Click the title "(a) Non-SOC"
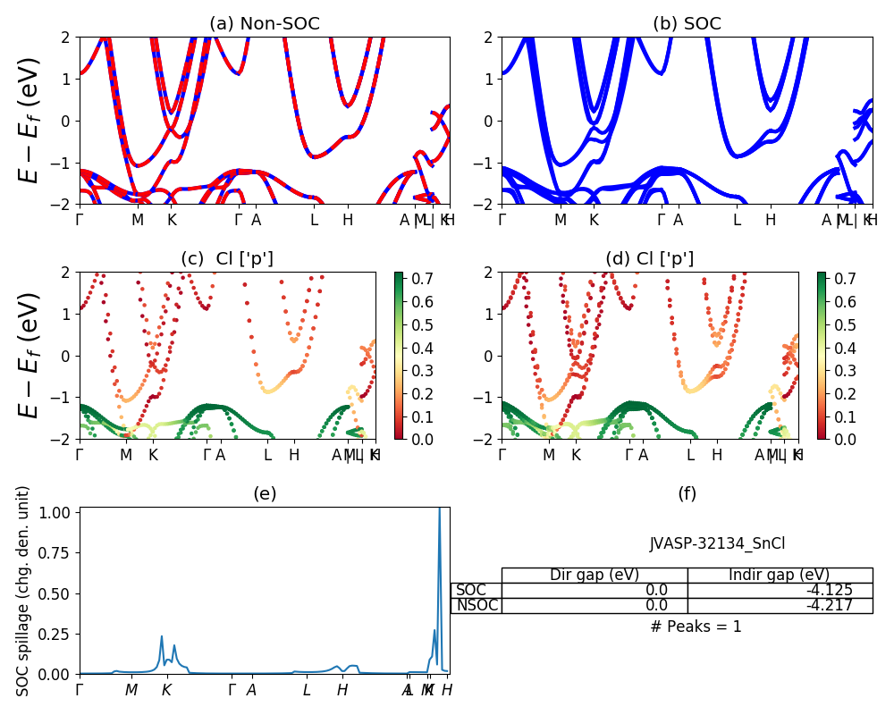(x=264, y=24)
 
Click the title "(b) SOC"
(x=687, y=24)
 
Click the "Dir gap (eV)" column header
(x=594, y=575)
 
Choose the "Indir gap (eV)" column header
(x=780, y=575)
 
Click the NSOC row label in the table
(x=477, y=605)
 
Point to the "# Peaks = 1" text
(x=696, y=627)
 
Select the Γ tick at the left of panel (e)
(x=80, y=690)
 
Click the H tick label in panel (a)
(x=348, y=220)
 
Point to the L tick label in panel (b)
(x=737, y=220)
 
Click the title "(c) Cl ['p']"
(x=227, y=259)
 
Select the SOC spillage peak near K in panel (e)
(x=162, y=636)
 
